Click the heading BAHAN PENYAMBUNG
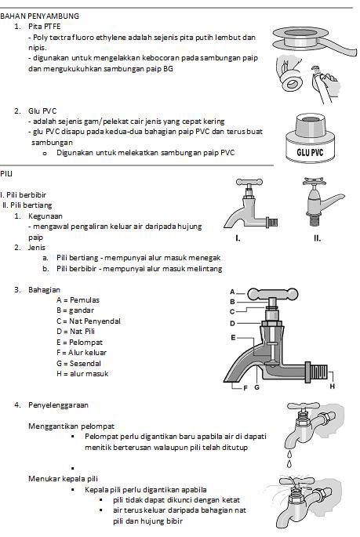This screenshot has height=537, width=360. tap(39, 16)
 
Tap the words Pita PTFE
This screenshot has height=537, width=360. tap(45, 26)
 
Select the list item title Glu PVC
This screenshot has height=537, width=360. tap(45, 111)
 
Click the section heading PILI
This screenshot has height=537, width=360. tap(6, 173)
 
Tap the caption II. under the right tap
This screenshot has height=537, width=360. tap(317, 238)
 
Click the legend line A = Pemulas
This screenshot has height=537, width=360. tap(78, 299)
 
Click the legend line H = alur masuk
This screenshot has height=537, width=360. tap(82, 373)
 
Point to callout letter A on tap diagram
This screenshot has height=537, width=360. tap(232, 291)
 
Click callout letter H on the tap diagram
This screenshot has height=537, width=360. tap(332, 386)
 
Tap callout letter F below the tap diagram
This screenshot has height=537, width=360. tap(245, 388)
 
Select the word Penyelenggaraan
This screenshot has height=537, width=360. tap(58, 405)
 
